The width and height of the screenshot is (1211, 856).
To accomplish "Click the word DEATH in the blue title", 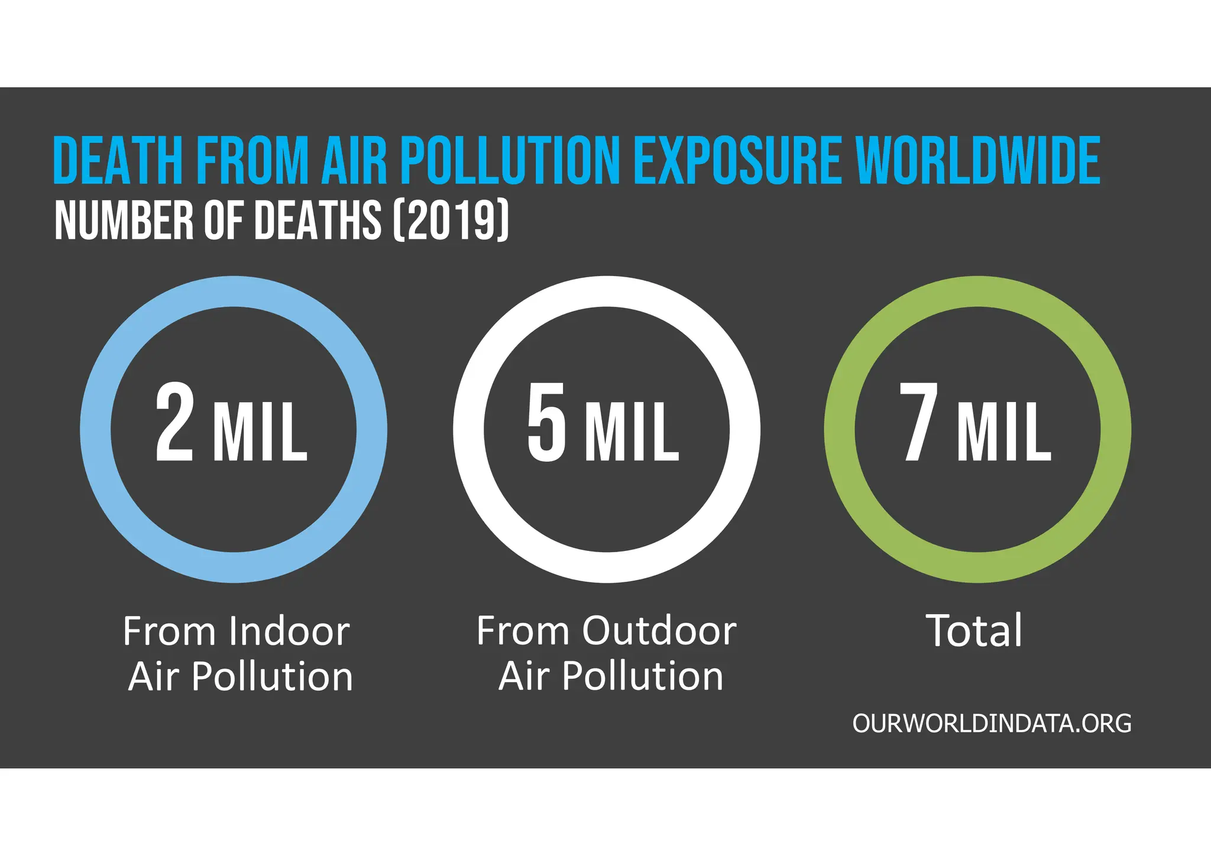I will pyautogui.click(x=118, y=160).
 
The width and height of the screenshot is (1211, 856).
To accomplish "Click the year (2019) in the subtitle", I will pyautogui.click(x=451, y=220).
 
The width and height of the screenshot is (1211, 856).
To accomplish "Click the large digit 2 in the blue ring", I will pyautogui.click(x=174, y=422).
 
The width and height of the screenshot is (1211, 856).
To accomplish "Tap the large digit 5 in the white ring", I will pyautogui.click(x=546, y=422).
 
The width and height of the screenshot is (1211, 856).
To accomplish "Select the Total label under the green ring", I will pyautogui.click(x=974, y=631).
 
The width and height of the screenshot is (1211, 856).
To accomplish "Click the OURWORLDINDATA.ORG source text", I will pyautogui.click(x=992, y=724).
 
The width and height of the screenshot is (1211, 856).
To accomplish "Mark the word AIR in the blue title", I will pyautogui.click(x=354, y=160).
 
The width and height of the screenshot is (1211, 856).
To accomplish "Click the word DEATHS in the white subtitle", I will pyautogui.click(x=318, y=220).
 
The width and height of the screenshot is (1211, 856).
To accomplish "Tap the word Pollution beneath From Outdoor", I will pyautogui.click(x=643, y=676).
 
